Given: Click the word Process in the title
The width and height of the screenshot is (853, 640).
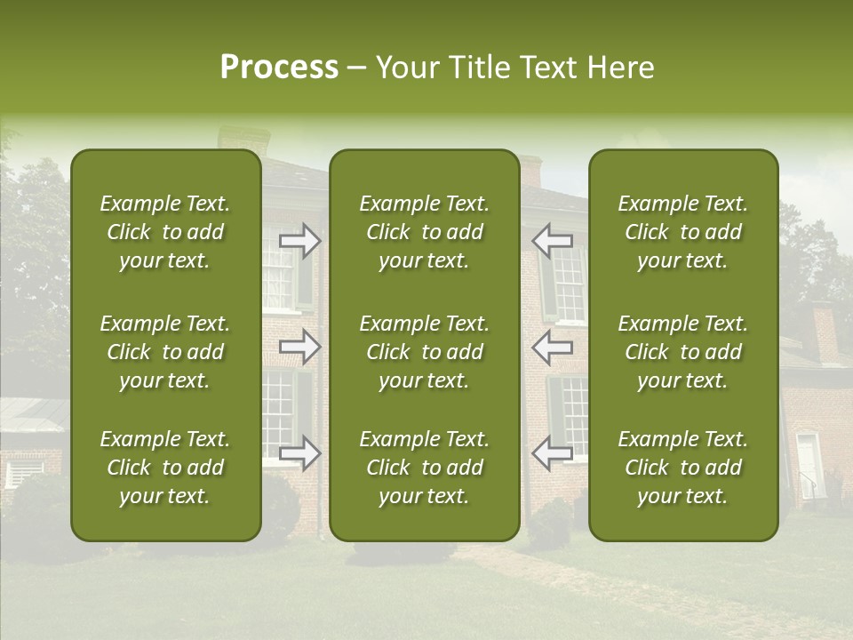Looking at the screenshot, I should pyautogui.click(x=279, y=68).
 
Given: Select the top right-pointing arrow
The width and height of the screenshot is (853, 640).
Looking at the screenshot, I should pyautogui.click(x=299, y=240).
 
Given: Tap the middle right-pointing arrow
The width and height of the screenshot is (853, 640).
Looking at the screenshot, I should pyautogui.click(x=299, y=347).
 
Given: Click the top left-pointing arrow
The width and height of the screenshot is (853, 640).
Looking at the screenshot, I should pyautogui.click(x=553, y=240).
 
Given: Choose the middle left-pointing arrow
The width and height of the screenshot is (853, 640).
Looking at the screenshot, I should pyautogui.click(x=553, y=347).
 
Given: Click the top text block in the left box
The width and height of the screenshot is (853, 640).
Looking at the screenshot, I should pyautogui.click(x=165, y=232).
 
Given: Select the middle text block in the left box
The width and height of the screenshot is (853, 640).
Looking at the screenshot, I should pyautogui.click(x=165, y=352).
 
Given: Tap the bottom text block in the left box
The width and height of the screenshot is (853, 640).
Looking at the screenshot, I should pyautogui.click(x=165, y=468).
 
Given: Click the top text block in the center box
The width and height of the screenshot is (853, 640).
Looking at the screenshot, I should pyautogui.click(x=424, y=232).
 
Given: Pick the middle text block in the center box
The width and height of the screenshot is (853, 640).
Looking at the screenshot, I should pyautogui.click(x=424, y=352).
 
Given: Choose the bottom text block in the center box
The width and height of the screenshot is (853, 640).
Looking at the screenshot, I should pyautogui.click(x=424, y=468).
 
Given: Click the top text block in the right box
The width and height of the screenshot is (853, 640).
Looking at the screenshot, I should pyautogui.click(x=682, y=232).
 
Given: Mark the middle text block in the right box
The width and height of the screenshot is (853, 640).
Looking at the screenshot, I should pyautogui.click(x=682, y=352).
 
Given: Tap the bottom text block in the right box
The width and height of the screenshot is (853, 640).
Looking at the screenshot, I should pyautogui.click(x=682, y=468).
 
